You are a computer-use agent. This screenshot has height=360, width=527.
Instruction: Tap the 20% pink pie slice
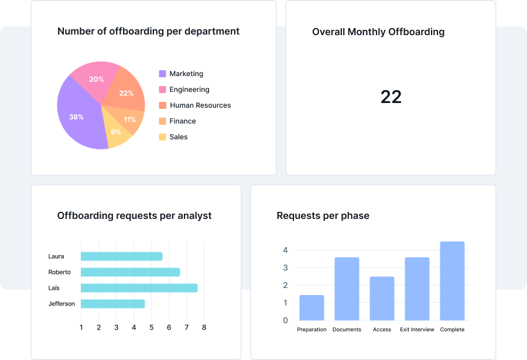pos(95,80)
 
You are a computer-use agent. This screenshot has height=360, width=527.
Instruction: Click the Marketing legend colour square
pos(162,74)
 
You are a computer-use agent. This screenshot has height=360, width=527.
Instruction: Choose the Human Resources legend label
pos(200,105)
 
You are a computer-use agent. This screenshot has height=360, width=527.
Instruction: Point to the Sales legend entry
pos(178,137)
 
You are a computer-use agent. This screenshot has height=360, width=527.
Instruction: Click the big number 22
pos(391,97)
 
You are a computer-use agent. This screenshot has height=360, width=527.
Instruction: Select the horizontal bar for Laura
pos(121,256)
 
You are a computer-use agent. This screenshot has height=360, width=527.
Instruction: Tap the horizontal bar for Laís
pos(139,288)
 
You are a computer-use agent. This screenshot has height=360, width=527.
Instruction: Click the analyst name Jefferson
pos(61,304)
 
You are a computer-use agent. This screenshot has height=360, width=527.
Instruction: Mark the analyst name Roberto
pos(60,272)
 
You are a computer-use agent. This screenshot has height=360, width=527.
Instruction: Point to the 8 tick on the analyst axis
pos(204,327)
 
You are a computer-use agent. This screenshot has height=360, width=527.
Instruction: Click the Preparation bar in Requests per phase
pos(312,307)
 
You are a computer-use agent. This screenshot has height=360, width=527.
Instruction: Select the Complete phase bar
pos(452,281)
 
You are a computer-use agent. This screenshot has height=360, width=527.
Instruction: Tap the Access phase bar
pos(382,299)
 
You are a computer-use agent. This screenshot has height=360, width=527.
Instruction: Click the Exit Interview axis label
pos(417,330)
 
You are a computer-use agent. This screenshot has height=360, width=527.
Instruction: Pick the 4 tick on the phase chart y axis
pos(285,250)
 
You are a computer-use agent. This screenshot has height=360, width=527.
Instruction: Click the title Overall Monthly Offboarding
pos(378,32)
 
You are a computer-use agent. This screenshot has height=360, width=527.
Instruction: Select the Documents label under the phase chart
pos(347,330)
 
